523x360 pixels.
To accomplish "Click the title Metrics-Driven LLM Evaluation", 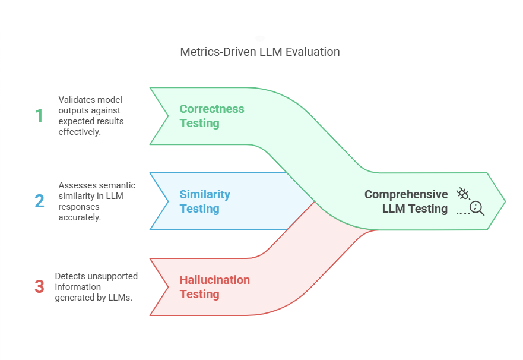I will point(259,52).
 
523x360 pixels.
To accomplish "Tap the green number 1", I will point(39,115).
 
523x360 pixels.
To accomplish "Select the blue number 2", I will point(39,201).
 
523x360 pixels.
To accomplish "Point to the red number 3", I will point(39,286).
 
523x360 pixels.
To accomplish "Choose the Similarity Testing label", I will point(205,201).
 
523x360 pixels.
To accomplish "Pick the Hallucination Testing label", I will point(214,287).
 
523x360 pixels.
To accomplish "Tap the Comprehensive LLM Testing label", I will point(406,201).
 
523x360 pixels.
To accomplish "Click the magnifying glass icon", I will point(477,207).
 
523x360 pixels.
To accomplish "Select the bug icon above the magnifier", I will point(462,193).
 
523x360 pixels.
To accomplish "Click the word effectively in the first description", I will point(79,132).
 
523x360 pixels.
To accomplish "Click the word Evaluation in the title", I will point(312,52).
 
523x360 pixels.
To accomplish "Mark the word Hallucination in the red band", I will point(214,280).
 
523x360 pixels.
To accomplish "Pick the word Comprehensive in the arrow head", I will point(406,194).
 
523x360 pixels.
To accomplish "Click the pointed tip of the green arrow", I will point(504,201).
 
